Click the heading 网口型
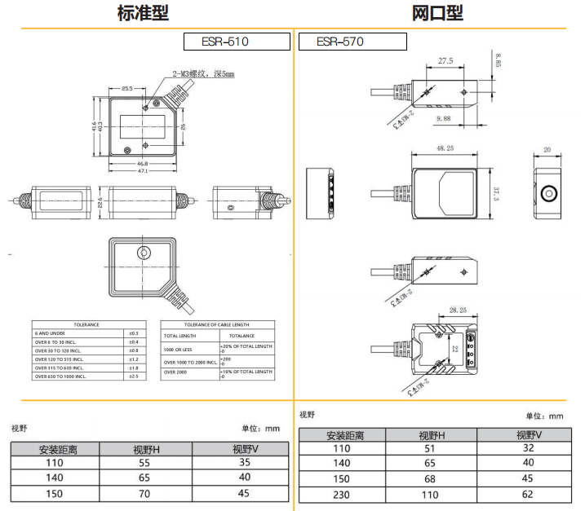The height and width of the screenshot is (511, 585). [437, 14]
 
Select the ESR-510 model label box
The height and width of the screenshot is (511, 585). [237, 42]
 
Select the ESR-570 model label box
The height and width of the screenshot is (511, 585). [352, 42]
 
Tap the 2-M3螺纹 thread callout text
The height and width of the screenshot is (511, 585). [203, 74]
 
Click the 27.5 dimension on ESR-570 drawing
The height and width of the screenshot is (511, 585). [445, 62]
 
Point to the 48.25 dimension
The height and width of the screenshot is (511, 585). [445, 148]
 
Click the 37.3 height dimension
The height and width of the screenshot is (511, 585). [497, 194]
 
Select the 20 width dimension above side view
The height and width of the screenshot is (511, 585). [547, 150]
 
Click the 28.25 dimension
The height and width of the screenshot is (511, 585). [457, 311]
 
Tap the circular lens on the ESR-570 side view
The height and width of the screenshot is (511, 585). [548, 194]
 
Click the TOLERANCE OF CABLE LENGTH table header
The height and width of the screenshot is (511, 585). [218, 324]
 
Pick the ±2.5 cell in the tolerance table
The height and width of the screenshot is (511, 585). [134, 377]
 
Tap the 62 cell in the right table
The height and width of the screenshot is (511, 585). [528, 494]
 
